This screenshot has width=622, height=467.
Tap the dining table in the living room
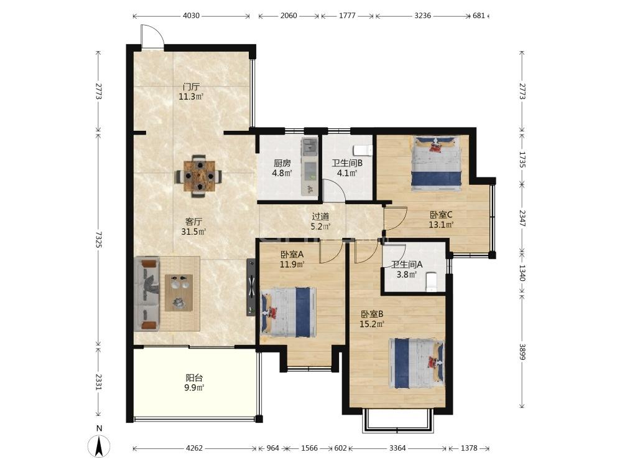click(199, 176)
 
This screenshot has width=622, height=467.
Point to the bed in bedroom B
click(417, 363)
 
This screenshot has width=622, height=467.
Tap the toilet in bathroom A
click(431, 281)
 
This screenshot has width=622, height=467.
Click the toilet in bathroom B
click(362, 151)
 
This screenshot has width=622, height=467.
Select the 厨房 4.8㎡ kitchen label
click(282, 168)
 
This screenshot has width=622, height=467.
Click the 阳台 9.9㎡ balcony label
click(194, 383)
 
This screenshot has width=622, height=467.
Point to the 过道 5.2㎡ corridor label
click(320, 222)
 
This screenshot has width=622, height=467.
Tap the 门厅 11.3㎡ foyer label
click(191, 92)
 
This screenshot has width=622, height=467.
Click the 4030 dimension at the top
click(191, 16)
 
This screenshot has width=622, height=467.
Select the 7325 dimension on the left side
click(98, 240)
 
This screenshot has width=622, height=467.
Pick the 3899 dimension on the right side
click(522, 352)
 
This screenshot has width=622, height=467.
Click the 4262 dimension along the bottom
click(194, 448)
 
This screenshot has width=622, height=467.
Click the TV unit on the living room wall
click(251, 288)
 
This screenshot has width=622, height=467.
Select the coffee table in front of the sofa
click(179, 293)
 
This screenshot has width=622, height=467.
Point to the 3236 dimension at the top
click(422, 16)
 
